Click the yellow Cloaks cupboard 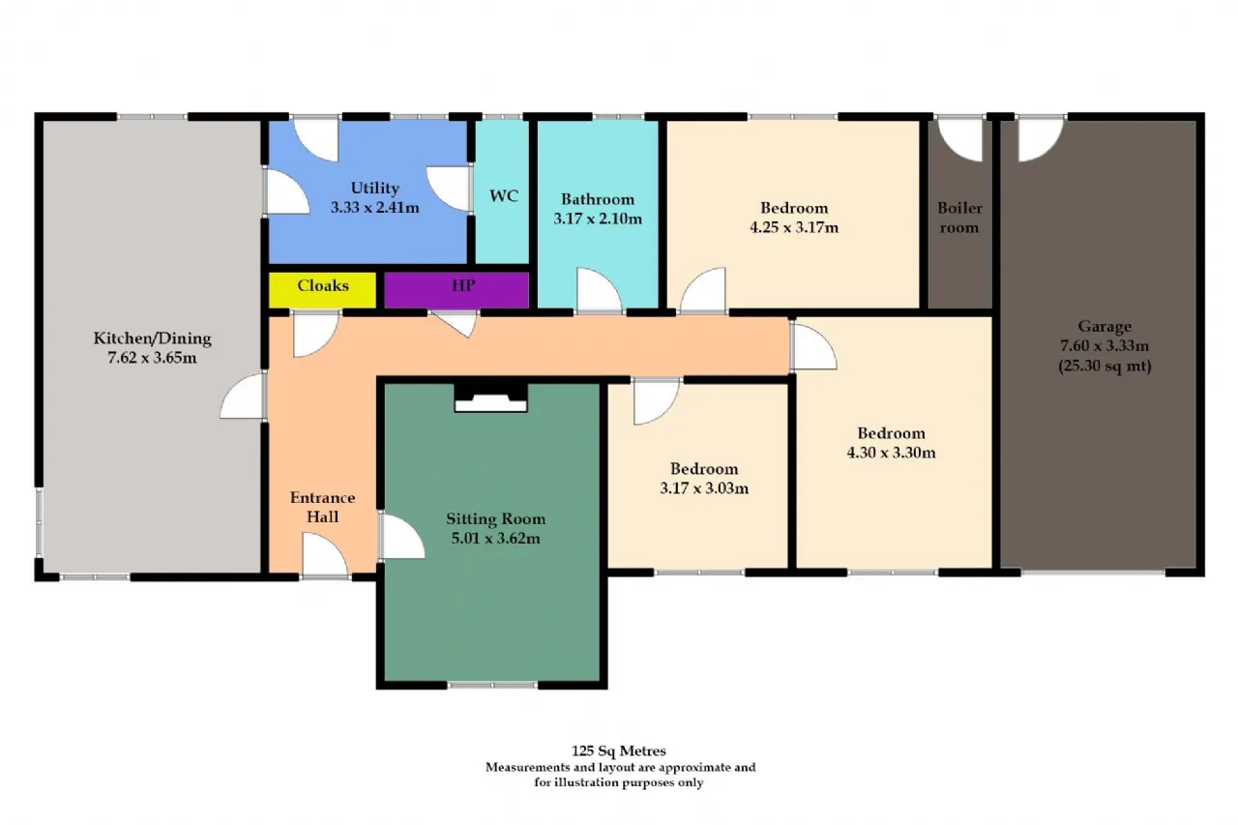(x=322, y=289)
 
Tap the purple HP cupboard (x=457, y=289)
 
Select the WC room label (x=504, y=196)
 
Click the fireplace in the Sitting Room (x=490, y=398)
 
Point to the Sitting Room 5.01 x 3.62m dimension (x=495, y=538)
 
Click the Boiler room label (x=959, y=218)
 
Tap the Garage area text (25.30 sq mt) (x=1105, y=366)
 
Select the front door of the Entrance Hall (x=326, y=555)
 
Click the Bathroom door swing (x=599, y=291)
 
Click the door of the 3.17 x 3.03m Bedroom (x=656, y=401)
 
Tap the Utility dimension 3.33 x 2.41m (x=374, y=208)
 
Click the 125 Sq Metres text (x=618, y=751)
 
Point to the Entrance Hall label (x=322, y=507)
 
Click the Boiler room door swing (x=960, y=141)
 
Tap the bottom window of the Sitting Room (x=492, y=685)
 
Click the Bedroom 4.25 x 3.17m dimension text (x=794, y=227)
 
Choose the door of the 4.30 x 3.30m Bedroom (x=813, y=346)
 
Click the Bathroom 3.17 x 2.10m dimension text (x=598, y=219)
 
